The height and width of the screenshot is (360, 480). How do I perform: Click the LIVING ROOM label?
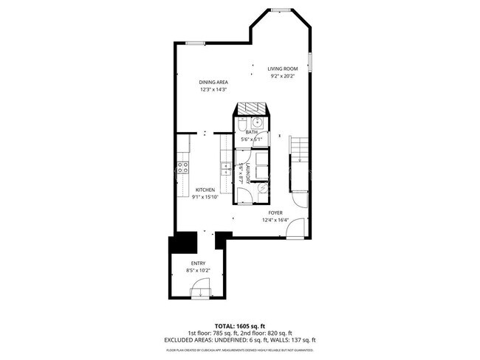281,69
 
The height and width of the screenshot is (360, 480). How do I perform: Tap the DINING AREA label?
213,82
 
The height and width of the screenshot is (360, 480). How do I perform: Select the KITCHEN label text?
205,190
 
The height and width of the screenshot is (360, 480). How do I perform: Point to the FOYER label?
275,213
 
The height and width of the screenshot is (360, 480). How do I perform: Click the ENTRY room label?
198,263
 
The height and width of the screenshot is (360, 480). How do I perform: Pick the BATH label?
251,132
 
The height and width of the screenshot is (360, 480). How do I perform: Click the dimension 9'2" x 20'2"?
281,76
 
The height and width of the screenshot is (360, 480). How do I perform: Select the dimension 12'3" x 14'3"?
213,89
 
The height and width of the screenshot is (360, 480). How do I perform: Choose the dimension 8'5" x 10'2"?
198,271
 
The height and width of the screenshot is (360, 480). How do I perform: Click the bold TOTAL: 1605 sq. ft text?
240,325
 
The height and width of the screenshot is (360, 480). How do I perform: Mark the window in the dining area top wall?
195,43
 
